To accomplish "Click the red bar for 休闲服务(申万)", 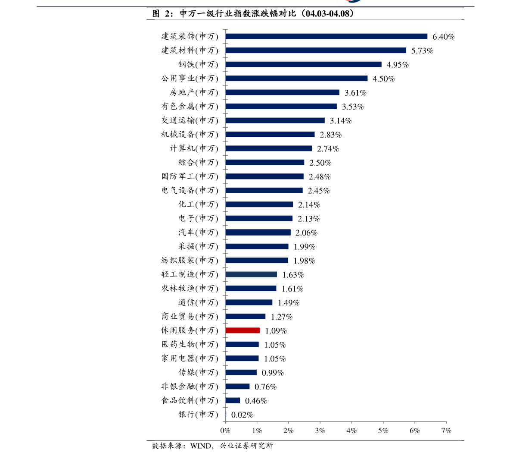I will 243,330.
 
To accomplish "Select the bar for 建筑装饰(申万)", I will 326,37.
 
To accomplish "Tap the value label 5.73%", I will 422,51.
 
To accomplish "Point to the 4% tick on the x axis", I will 351,430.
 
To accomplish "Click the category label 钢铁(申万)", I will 199,65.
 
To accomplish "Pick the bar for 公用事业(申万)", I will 296,79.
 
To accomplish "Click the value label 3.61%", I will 355,93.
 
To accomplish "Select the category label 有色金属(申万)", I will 190,107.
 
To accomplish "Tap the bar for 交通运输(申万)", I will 275,120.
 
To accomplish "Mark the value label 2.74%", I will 328,149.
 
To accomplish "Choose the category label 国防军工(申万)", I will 190,176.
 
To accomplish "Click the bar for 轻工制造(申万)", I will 251,274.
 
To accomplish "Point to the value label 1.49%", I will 288,303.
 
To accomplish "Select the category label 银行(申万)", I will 199,415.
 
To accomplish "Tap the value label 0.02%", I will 242,415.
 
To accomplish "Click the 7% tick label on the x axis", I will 446,430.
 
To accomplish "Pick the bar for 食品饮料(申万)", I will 233,400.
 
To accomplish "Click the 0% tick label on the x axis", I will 225,430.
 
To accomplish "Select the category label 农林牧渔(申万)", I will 190,289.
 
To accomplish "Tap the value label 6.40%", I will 443,37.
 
